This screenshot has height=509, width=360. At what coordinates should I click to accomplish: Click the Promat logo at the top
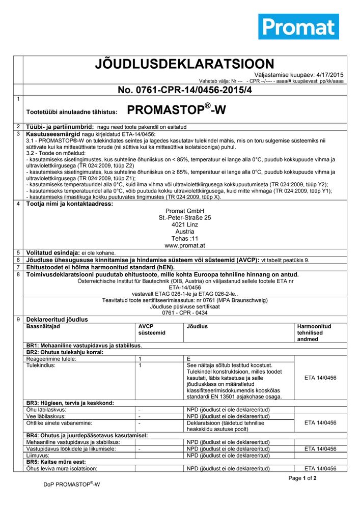pos(298,26)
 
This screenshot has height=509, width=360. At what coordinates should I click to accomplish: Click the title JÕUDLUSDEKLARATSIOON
pos(184,64)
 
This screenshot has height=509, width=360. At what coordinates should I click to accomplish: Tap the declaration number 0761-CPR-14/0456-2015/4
pos(185,90)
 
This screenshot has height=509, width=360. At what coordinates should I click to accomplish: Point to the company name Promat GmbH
pos(185,211)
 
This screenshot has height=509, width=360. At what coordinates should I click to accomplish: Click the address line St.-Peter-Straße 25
pos(185,217)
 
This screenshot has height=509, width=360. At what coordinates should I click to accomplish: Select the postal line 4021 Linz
pos(185,224)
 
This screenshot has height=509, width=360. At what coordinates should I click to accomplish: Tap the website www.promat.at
pos(185,245)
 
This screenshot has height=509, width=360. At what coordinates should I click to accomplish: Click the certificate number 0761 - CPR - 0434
pos(185,313)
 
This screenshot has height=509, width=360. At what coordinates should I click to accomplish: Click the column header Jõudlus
pos(197,326)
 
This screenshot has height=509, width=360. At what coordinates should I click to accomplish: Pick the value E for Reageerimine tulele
pos(189,359)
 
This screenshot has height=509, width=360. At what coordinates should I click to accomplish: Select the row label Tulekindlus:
pos(41,365)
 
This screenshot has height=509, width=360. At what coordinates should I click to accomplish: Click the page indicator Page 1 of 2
pos(302,478)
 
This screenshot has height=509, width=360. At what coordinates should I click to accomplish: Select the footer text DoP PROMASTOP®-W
pos(71,485)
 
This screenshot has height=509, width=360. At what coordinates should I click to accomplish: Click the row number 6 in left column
pos(18,260)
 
